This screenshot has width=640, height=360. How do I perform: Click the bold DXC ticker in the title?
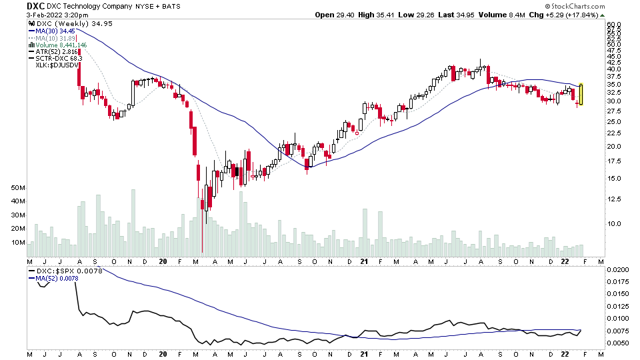pyautogui.click(x=36, y=5)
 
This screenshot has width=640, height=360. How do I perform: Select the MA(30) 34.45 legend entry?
pyautogui.click(x=55, y=31)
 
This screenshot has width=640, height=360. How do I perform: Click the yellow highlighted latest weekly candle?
pyautogui.click(x=581, y=94)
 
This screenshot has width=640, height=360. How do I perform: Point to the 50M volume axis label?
pyautogui.click(x=18, y=189)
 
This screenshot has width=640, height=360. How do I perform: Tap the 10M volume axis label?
pyautogui.click(x=18, y=243)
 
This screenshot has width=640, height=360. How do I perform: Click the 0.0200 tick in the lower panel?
pyautogui.click(x=617, y=270)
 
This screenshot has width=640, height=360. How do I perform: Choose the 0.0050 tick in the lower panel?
pyautogui.click(x=617, y=342)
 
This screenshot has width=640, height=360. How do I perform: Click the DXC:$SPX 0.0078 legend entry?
pyautogui.click(x=65, y=271)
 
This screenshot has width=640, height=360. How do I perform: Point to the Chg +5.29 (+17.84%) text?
pyautogui.click(x=567, y=15)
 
